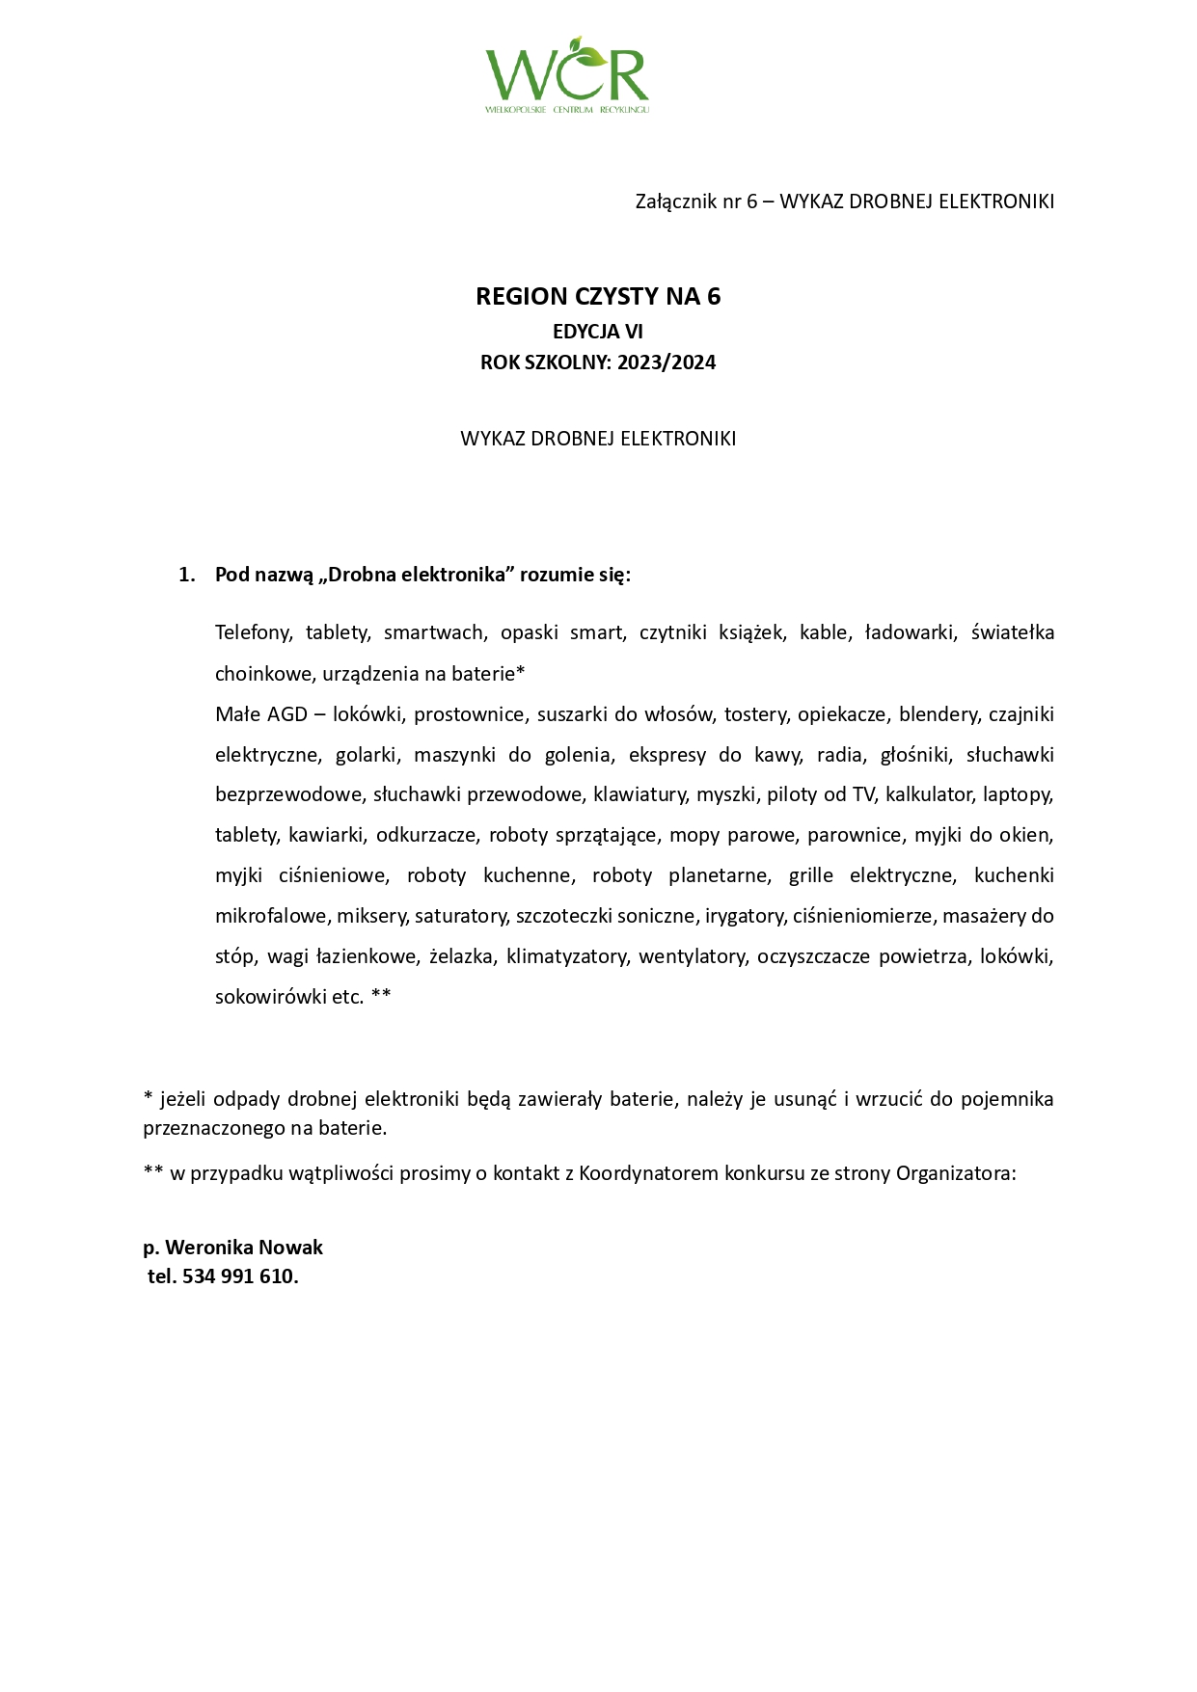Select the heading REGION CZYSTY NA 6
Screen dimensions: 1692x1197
tap(598, 296)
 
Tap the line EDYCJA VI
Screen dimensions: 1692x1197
tap(598, 332)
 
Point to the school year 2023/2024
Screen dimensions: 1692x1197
tap(667, 363)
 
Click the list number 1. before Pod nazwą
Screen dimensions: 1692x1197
tap(187, 575)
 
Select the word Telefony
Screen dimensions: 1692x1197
tap(253, 632)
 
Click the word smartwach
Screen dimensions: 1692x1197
tap(434, 632)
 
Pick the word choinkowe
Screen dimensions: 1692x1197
tap(256, 673)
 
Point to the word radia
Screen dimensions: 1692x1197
tap(837, 755)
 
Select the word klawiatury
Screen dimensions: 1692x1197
tap(639, 794)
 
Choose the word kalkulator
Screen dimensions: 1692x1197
tap(929, 794)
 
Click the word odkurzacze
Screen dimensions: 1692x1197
tap(426, 835)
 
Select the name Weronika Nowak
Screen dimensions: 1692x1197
tap(244, 1248)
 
